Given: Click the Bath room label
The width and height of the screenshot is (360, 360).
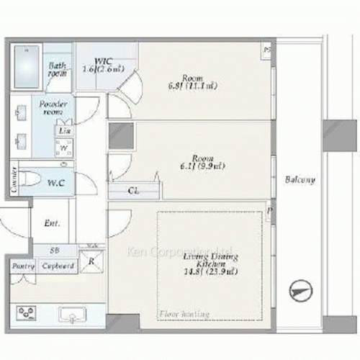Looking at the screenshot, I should click(x=57, y=69).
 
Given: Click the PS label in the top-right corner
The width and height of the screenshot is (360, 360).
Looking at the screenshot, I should click(x=268, y=50).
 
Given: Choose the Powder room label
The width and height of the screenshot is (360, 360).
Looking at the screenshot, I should click(x=53, y=108).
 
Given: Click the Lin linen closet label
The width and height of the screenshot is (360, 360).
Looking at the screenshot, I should click(x=64, y=131).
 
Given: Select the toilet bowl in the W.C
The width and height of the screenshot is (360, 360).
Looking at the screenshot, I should click(x=30, y=178).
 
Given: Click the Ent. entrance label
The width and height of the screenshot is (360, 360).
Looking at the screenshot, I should click(x=53, y=223).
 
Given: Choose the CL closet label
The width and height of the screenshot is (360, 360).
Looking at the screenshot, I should click(x=134, y=191).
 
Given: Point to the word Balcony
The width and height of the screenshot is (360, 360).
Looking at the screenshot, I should click(x=297, y=179).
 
